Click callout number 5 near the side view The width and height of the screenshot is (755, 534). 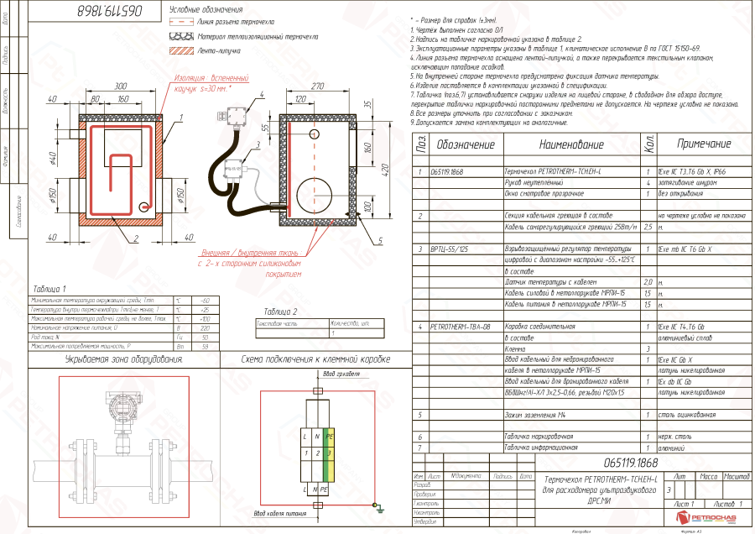coord(379,240)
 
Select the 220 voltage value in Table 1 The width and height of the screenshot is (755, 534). coord(204,329)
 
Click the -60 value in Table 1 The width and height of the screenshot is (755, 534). coord(204,300)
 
